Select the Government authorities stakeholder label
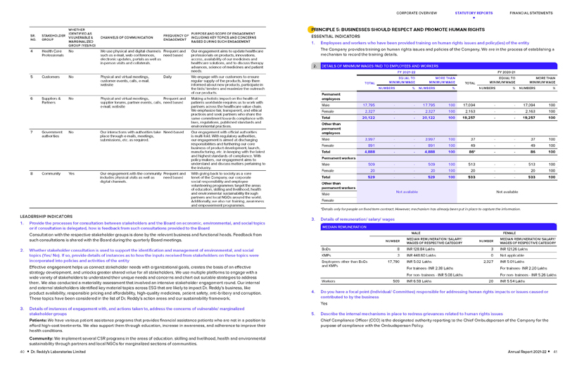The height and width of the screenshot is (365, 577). [52, 134]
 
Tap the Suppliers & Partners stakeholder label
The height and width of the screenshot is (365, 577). [51, 101]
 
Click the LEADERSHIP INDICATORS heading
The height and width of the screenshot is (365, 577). [46, 216]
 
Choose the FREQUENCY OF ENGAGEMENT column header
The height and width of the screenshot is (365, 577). [176, 36]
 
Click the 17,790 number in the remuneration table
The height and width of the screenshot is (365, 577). [393, 262]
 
